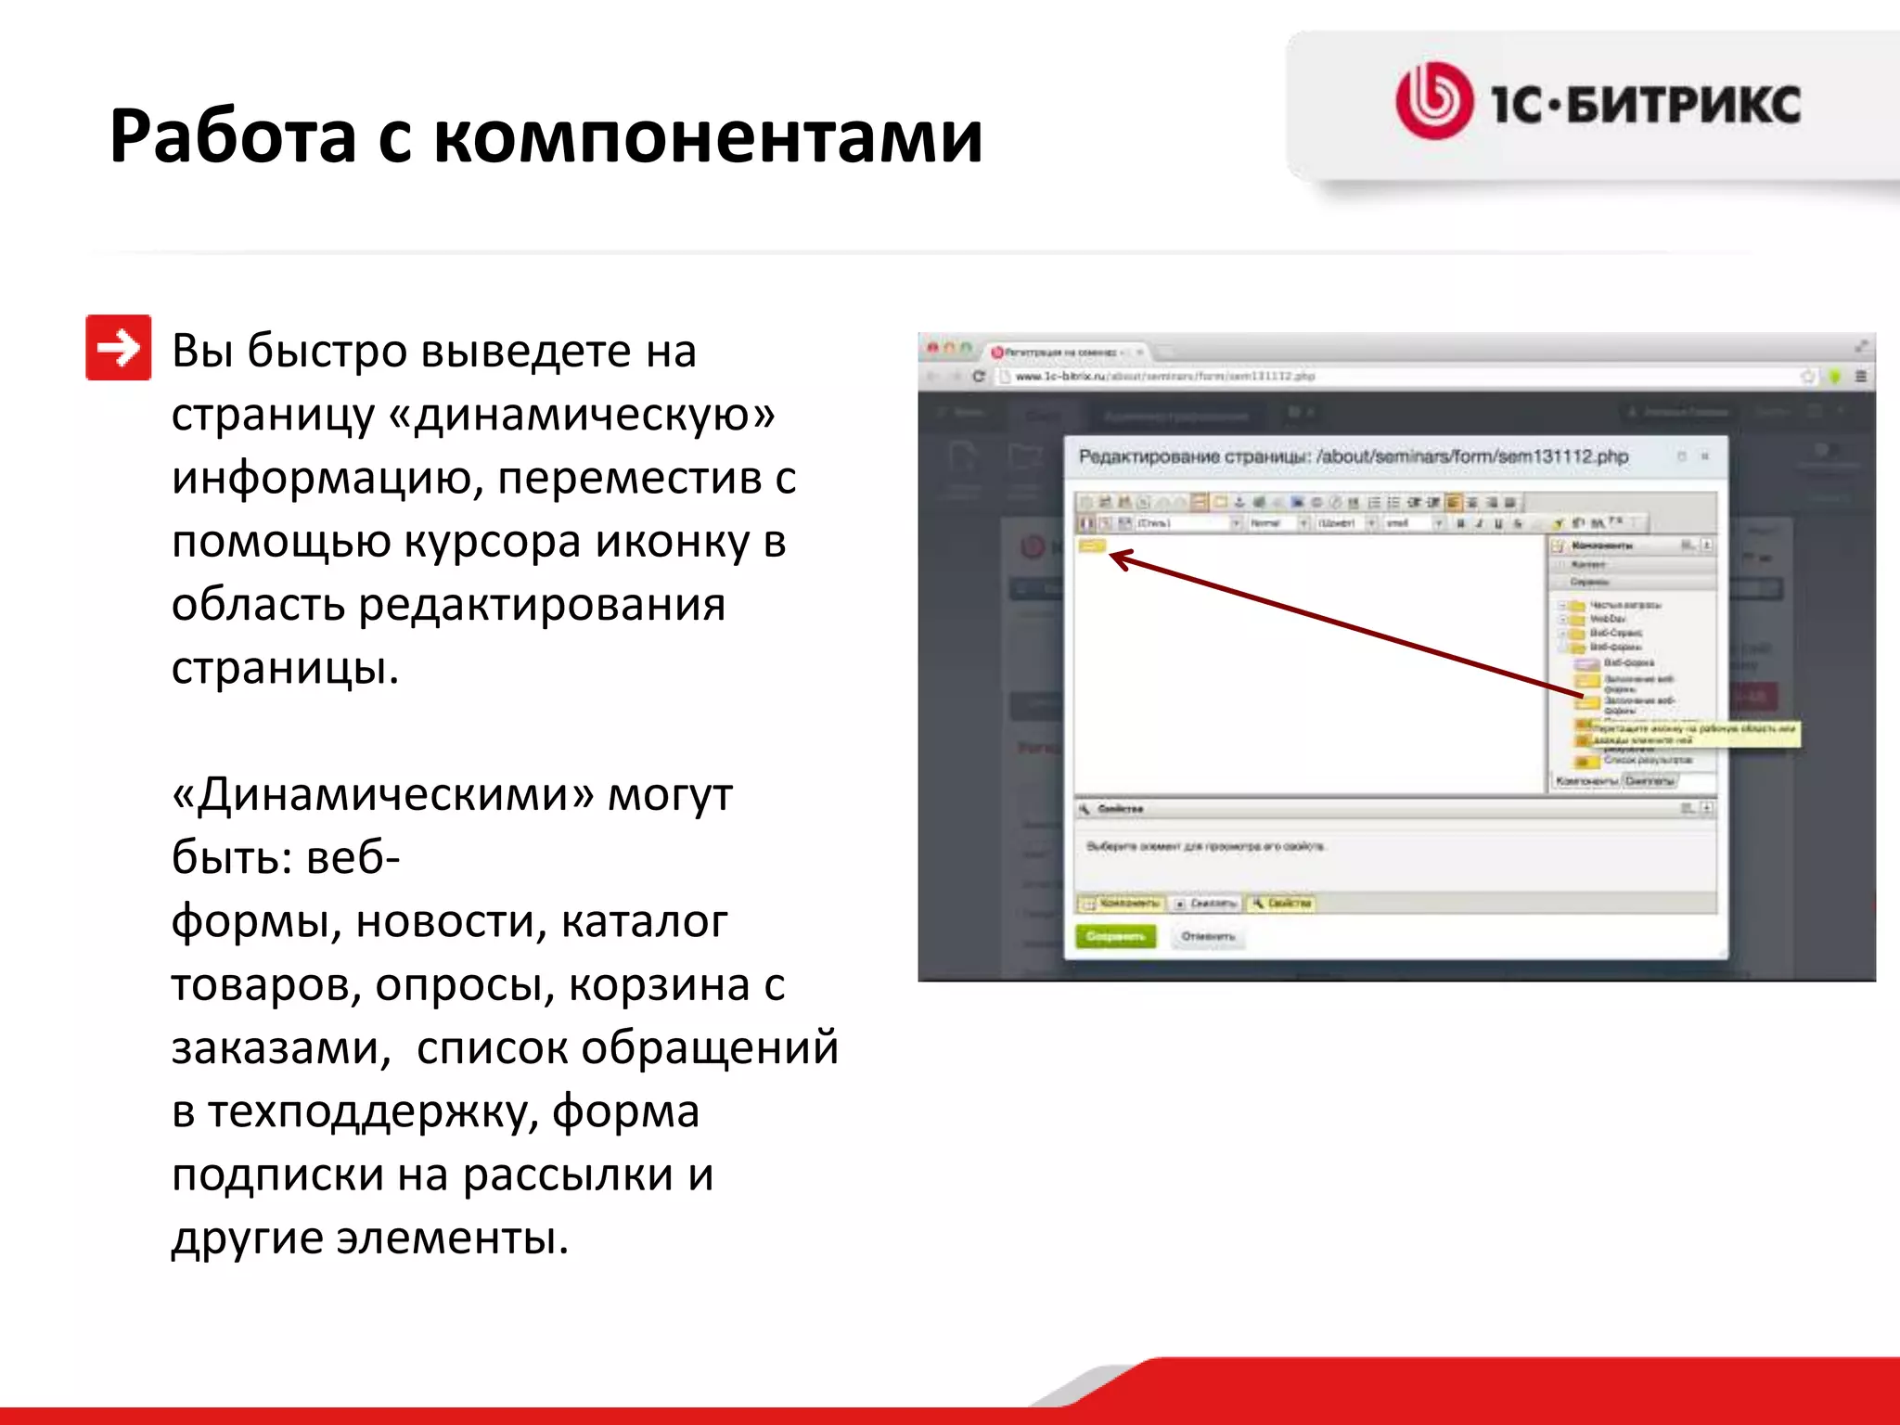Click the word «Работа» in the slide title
233,137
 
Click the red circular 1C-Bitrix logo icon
1433,101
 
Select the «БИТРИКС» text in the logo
1683,104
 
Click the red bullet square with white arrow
119,348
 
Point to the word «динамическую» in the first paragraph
594,415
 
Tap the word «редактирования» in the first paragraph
542,605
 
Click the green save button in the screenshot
1116,937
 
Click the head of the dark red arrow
1118,558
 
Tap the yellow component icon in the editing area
1092,546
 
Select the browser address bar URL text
1164,377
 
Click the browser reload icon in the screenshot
978,377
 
